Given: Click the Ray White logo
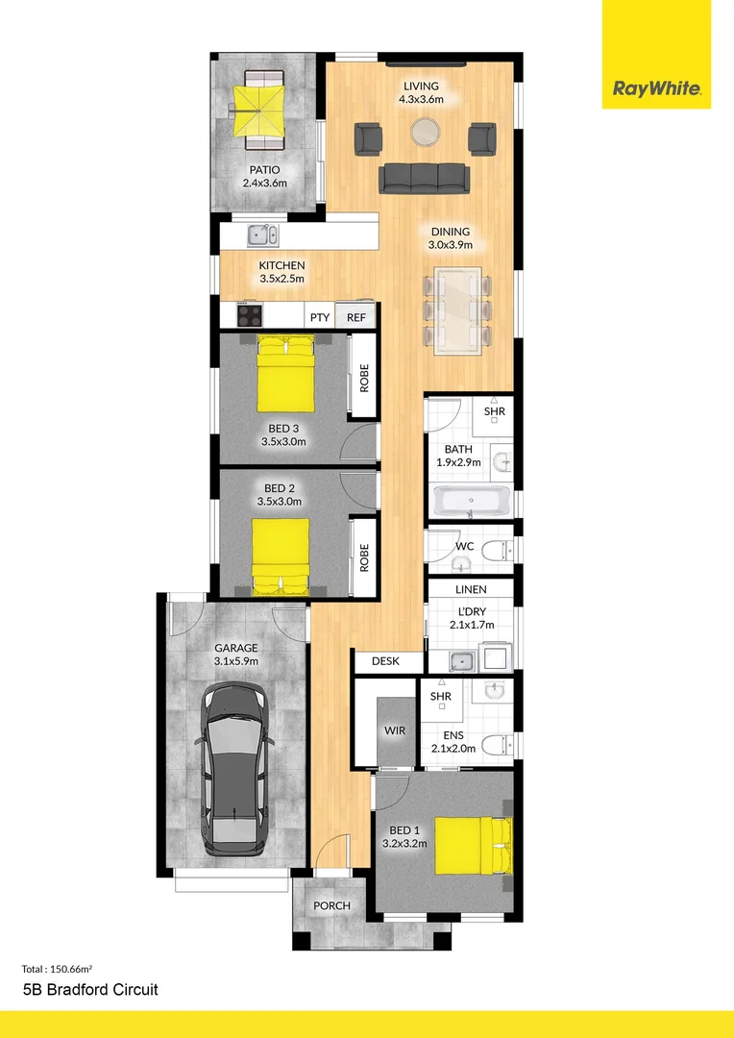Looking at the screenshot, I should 657,90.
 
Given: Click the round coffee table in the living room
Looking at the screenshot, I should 425,132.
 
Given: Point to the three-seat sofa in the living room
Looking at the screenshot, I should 425,178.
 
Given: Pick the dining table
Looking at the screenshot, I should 457,309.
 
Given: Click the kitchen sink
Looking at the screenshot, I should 261,234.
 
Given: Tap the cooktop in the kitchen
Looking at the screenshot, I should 249,315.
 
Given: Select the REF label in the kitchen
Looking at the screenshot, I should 356,317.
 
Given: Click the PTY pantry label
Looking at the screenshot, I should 320,317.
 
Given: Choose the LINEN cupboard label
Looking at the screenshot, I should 471,589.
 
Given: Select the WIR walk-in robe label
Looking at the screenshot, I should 395,730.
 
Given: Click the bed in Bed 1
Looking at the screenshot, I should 472,845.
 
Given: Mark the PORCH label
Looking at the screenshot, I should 331,905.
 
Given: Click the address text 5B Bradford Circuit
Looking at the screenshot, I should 89,989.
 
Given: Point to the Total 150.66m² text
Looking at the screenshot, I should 64,968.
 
